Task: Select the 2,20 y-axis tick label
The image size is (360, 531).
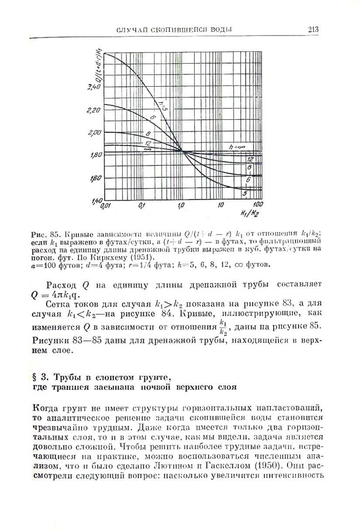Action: pos(94,110)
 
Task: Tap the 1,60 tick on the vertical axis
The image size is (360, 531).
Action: pos(94,178)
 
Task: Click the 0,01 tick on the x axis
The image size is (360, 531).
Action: pos(106,206)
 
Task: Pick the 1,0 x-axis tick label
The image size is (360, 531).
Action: pos(181,206)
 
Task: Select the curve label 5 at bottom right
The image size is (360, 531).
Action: pos(244,194)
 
